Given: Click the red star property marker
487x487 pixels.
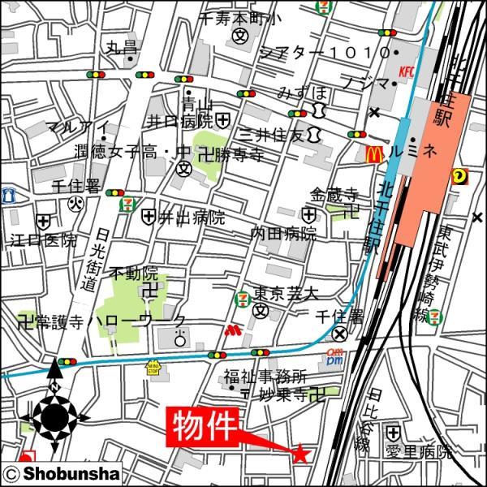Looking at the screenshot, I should (x=301, y=454).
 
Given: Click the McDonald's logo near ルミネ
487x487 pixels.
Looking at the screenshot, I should (x=376, y=152).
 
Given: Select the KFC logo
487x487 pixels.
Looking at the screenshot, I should (x=406, y=72).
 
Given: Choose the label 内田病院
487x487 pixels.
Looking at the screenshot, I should (x=282, y=234).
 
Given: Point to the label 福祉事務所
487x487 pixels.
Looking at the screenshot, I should (x=265, y=377).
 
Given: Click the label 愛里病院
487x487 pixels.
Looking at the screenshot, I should (x=419, y=452).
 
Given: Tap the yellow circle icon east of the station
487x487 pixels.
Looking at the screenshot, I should (x=459, y=173).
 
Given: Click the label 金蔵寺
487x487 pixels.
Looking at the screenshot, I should (x=333, y=194).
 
